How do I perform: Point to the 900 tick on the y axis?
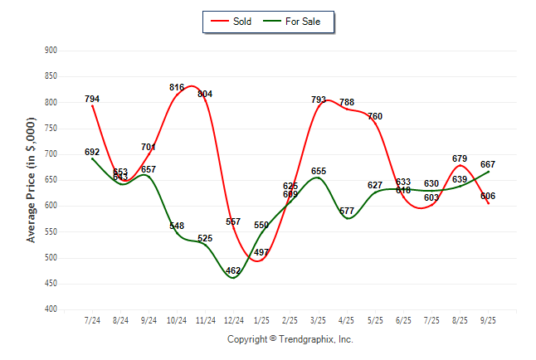pyautogui.click(x=51, y=51)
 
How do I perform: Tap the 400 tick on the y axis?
pyautogui.click(x=51, y=309)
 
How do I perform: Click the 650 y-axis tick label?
pyautogui.click(x=51, y=180)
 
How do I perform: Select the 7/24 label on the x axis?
pyautogui.click(x=92, y=319)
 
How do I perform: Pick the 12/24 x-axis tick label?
pyautogui.click(x=233, y=319)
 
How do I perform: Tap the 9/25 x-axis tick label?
pyautogui.click(x=488, y=319)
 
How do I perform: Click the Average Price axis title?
pyautogui.click(x=32, y=180)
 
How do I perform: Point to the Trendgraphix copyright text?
pyautogui.click(x=290, y=339)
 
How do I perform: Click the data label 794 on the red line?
pyautogui.click(x=92, y=100)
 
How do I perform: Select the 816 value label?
pyautogui.click(x=177, y=88)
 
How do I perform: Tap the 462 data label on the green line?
pyautogui.click(x=233, y=271)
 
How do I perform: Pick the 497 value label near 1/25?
pyautogui.click(x=261, y=252)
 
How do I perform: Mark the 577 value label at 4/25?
pyautogui.click(x=347, y=212)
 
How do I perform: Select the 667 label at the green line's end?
pyautogui.click(x=488, y=164)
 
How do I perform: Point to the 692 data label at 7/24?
pyautogui.click(x=92, y=152)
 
